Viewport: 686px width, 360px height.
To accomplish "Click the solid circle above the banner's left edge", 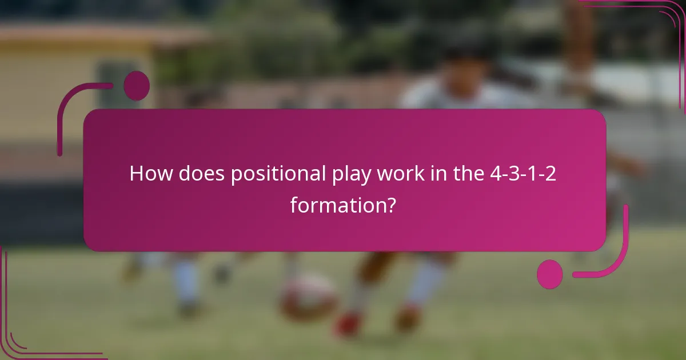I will pyautogui.click(x=137, y=86).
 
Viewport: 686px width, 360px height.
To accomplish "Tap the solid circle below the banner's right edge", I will pyautogui.click(x=550, y=274).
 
